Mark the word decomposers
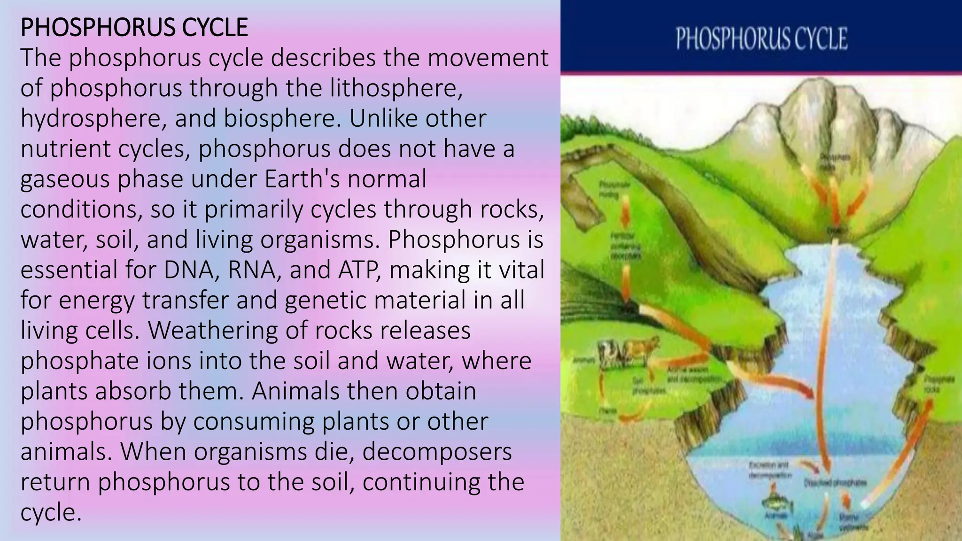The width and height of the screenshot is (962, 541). [437, 452]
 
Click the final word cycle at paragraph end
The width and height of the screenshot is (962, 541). [51, 512]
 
